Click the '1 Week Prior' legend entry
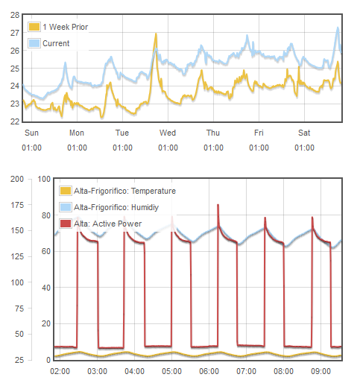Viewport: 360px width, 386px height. point(58,27)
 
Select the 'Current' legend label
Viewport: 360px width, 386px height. point(49,43)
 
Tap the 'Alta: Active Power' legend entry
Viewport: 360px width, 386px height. point(101,224)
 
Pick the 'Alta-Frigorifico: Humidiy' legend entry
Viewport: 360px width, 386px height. point(109,207)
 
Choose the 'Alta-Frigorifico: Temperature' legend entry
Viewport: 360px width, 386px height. point(118,191)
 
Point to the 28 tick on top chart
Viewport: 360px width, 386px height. point(15,15)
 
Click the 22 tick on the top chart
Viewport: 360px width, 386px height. point(15,121)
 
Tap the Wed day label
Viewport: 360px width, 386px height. point(168,133)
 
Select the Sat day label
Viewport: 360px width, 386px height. point(304,133)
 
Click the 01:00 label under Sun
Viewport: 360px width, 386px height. point(31,148)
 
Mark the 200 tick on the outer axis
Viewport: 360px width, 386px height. point(17,179)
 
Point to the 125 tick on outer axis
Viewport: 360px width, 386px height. point(17,256)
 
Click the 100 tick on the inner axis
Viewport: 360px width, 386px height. point(44,179)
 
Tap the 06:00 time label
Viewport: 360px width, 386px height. point(209,371)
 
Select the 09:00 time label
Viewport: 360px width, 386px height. point(320,371)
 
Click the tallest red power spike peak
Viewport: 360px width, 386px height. point(218,205)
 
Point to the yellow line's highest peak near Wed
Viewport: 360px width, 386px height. point(156,34)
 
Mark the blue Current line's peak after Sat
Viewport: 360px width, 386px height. point(338,28)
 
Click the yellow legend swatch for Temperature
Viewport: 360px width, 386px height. point(66,191)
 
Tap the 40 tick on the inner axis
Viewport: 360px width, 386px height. point(46,288)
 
